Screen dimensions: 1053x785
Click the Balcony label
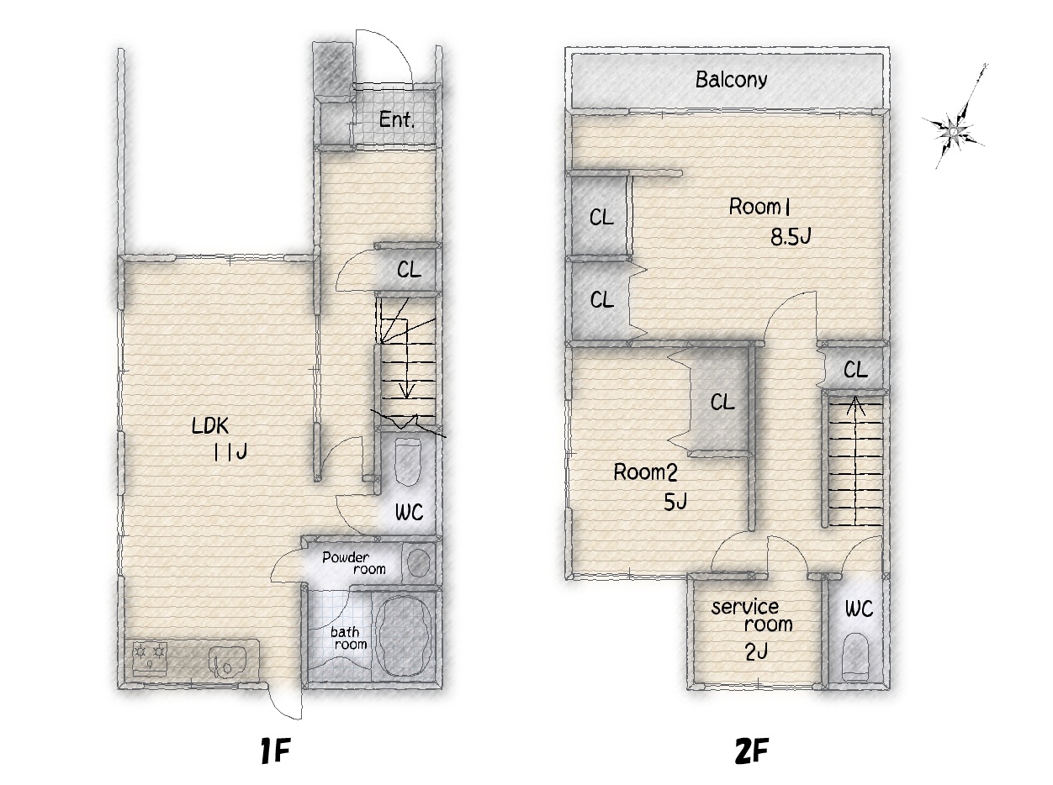pos(731,80)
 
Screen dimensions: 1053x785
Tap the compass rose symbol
pos(955,129)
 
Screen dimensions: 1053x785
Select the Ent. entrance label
pos(397,119)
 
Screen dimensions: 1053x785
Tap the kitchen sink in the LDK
pos(227,661)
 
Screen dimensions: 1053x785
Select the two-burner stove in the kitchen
pos(149,658)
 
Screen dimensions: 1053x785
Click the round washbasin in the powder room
pos(418,562)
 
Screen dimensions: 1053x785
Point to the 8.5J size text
pos(791,237)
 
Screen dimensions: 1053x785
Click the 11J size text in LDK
pos(230,452)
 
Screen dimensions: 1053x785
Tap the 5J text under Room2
pos(675,502)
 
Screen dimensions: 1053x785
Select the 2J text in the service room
pos(757,651)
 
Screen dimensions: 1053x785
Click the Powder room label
pos(354,563)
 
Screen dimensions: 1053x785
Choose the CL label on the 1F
pos(409,270)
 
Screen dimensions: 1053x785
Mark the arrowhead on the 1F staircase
pos(407,391)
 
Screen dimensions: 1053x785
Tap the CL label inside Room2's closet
pos(722,402)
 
